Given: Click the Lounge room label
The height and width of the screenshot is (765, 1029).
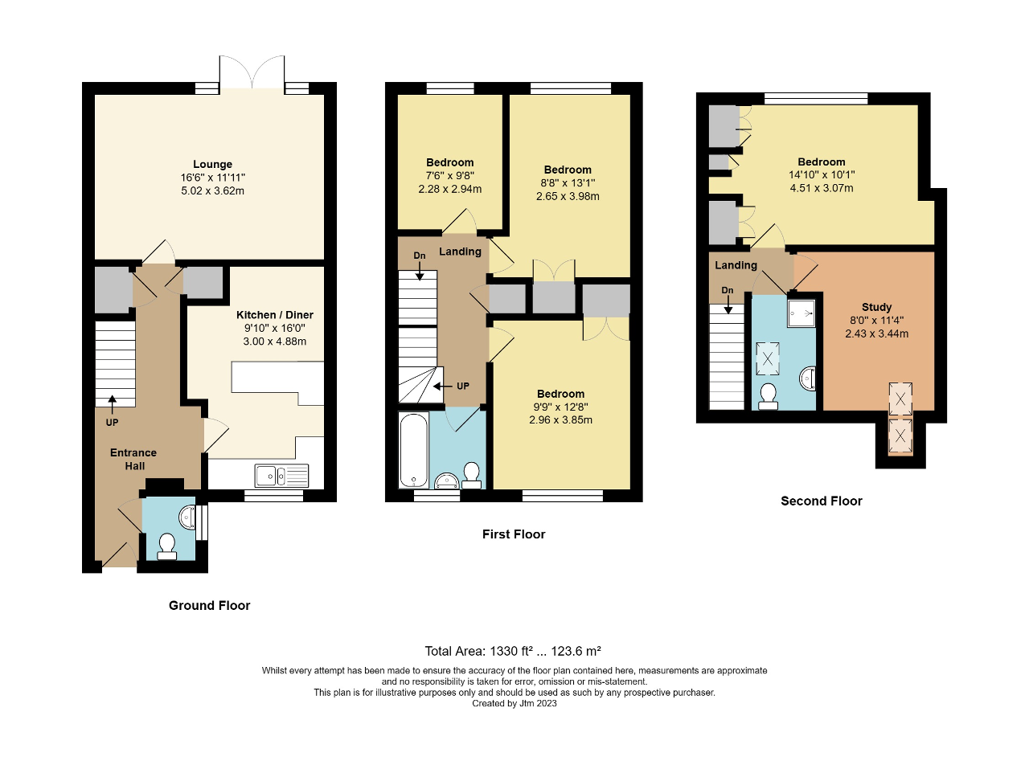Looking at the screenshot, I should coord(212,164).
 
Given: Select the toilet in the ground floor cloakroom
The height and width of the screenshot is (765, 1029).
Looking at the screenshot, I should coord(167,546).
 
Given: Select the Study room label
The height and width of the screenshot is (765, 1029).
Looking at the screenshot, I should coord(876,307).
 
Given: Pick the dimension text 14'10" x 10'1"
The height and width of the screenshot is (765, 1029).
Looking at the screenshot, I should coord(821,175).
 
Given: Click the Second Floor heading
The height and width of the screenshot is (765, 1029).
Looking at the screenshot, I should coord(821,501).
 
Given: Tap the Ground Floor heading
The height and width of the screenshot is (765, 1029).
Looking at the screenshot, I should coord(209,605).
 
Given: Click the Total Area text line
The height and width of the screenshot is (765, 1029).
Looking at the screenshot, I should coord(514,651).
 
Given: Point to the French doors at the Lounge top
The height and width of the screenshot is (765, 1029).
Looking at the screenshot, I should coord(252,72).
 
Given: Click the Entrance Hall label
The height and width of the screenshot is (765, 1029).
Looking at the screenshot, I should coord(133,459).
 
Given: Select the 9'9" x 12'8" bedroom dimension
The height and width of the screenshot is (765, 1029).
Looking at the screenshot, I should coord(560,407).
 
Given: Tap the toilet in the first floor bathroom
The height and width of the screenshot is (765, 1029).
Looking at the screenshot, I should coord(472,475).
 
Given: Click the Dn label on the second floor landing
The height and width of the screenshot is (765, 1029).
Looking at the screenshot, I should coord(728,290).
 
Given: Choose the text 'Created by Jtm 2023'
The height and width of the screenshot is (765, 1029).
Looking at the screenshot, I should coord(514,703).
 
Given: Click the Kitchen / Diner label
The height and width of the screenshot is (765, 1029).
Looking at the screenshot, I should coord(275,314).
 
